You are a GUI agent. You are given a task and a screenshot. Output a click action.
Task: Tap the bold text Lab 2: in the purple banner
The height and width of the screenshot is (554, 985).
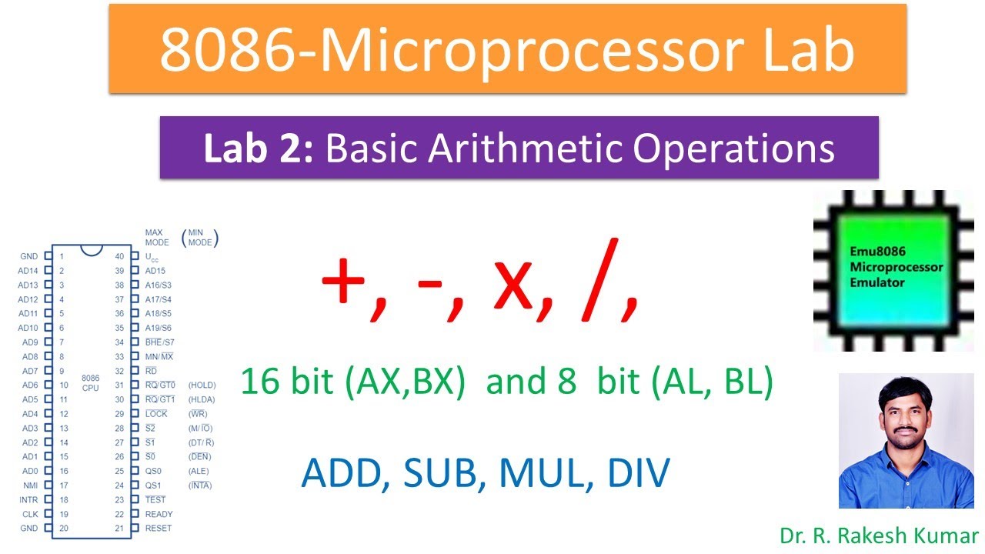(x=259, y=149)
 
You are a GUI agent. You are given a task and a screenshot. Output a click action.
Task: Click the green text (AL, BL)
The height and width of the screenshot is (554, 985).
(x=711, y=382)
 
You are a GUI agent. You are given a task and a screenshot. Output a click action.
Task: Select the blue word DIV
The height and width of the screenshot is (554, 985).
(x=639, y=473)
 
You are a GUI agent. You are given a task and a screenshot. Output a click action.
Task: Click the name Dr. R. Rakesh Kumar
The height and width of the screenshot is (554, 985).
(x=878, y=536)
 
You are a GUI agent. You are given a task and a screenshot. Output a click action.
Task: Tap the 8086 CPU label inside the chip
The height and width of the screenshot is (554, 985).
(x=90, y=383)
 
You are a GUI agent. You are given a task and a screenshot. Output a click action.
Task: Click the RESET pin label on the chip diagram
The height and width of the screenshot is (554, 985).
(x=159, y=529)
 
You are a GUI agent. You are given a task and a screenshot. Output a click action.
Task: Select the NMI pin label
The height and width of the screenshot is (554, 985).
(x=29, y=486)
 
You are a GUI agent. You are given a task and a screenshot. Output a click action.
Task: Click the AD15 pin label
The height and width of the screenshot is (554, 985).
(x=155, y=271)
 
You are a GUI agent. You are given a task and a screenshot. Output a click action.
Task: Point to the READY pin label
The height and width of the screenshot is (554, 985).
(x=159, y=514)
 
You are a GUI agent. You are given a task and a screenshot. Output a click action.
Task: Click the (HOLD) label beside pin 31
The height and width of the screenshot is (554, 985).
(x=202, y=385)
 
